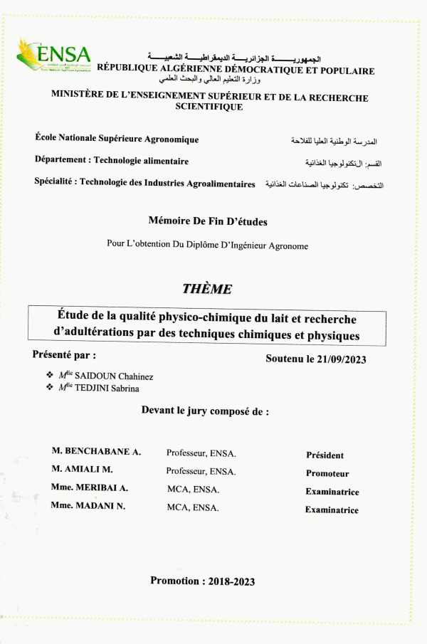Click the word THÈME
(207, 289)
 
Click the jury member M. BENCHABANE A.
(96, 452)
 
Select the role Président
(325, 455)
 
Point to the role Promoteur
(327, 473)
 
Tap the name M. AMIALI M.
(83, 470)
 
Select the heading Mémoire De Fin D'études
(208, 222)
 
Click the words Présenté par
(64, 354)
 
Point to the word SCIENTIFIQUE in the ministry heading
(209, 107)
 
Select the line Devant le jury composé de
(205, 411)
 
